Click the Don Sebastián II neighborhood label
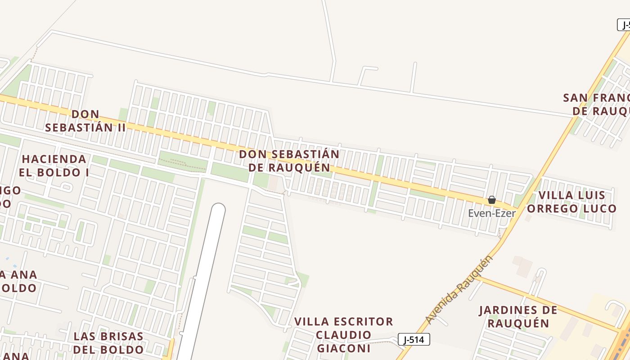pos(85,121)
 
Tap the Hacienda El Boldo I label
pos(54,165)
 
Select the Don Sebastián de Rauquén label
pos(289,161)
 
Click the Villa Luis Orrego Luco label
pos(571,202)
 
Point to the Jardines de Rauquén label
pos(518,316)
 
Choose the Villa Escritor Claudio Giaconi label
pos(344,335)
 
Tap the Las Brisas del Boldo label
pos(108,342)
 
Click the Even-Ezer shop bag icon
pos(492,200)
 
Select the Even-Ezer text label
pos(492,213)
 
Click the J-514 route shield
pos(414,340)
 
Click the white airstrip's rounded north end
pos(218,210)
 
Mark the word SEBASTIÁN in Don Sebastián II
pos(79,127)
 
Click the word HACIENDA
pos(54,159)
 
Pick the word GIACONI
pos(344,348)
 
